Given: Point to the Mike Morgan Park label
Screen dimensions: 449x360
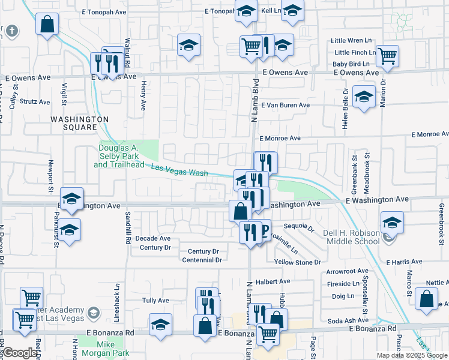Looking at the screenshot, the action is (x=106, y=349).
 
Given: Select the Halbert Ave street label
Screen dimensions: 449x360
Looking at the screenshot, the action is (x=273, y=281).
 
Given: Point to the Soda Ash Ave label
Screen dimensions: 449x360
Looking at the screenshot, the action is (x=348, y=321).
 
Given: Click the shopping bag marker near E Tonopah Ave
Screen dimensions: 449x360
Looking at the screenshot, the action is (x=47, y=25).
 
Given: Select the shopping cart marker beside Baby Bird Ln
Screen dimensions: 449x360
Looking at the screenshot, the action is (x=388, y=55).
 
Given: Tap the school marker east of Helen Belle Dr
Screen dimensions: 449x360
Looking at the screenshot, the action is (x=363, y=97).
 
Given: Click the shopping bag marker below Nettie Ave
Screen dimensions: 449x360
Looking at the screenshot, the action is (x=426, y=299).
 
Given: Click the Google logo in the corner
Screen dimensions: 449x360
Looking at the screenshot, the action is (x=20, y=353).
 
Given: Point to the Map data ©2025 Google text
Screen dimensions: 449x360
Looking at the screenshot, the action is (x=412, y=355).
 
